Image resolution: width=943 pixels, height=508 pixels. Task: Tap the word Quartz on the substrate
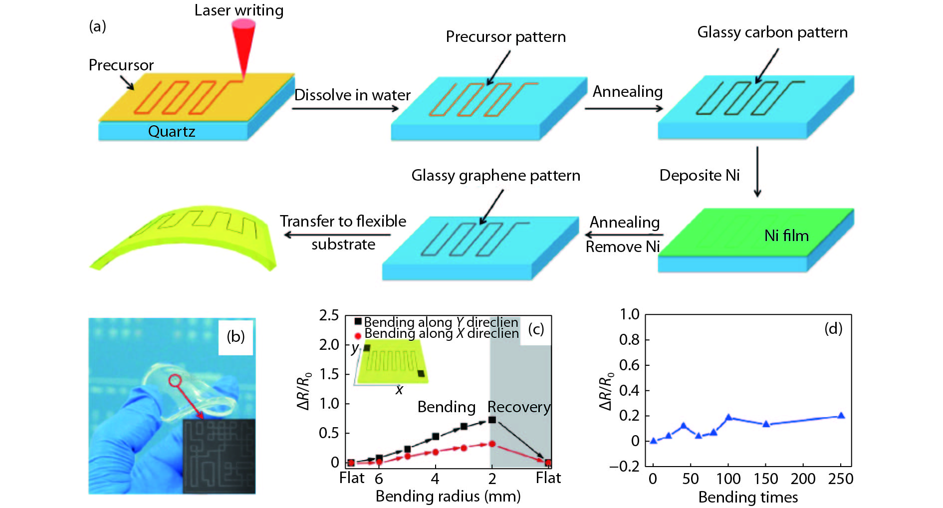click(x=171, y=131)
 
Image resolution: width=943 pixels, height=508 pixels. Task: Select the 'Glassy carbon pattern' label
click(x=772, y=32)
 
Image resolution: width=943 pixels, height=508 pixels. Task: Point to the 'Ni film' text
click(x=786, y=236)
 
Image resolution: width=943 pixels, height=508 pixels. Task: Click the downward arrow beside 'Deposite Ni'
click(x=757, y=172)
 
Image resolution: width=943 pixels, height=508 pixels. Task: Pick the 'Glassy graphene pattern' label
click(x=495, y=176)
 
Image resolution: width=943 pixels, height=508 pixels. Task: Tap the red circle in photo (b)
click(x=175, y=381)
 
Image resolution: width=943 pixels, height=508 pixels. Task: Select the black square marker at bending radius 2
click(x=492, y=420)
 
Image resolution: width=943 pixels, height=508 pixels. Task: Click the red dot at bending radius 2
click(x=492, y=444)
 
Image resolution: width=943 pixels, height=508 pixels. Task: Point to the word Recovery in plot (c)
click(x=519, y=407)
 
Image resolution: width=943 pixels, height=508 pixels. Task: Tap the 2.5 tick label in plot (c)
click(x=329, y=315)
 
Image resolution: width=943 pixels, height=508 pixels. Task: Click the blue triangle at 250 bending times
click(x=841, y=416)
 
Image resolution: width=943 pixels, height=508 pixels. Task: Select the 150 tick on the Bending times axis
click(x=766, y=479)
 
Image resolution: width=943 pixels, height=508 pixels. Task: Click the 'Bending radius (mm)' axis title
click(x=448, y=497)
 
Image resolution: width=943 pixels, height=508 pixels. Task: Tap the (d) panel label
click(x=833, y=328)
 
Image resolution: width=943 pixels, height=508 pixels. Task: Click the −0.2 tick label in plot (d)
click(x=624, y=467)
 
